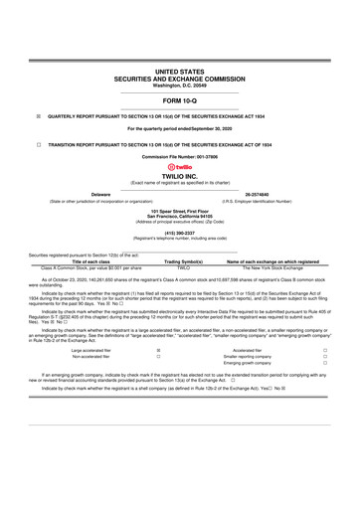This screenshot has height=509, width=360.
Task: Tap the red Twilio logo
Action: (x=179, y=167)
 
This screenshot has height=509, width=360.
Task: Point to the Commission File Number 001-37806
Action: (x=179, y=158)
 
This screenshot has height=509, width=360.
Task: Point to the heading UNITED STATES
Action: (x=179, y=73)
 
